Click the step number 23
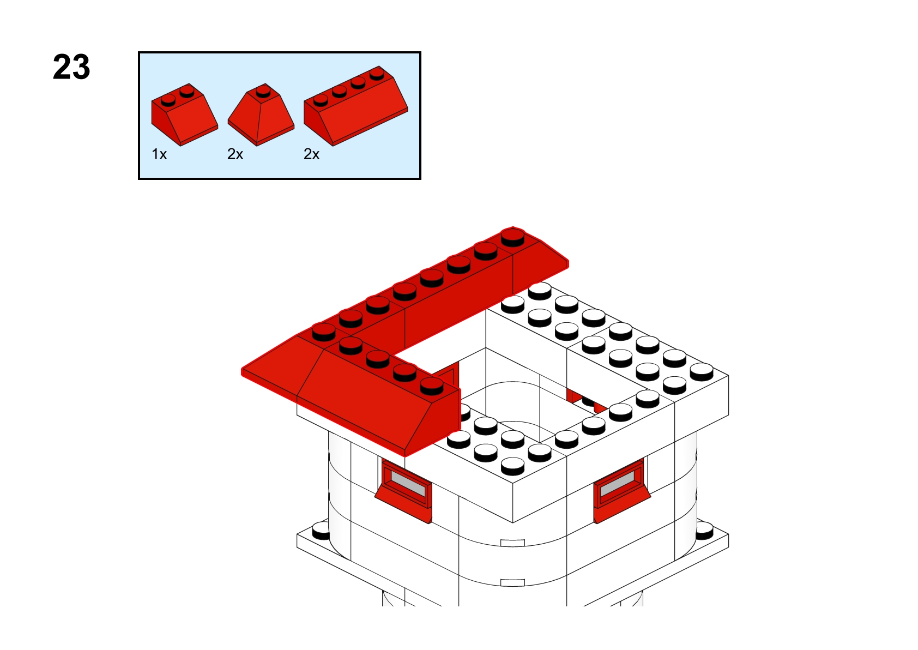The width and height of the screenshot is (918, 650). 71,67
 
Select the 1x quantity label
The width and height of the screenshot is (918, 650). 159,154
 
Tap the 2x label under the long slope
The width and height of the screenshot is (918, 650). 311,154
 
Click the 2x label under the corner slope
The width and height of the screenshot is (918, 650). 235,154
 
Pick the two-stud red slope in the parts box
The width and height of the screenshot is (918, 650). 184,115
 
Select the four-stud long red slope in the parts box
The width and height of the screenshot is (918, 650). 356,106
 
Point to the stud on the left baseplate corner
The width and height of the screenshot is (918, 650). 321,530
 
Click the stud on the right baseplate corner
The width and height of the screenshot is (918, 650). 704,530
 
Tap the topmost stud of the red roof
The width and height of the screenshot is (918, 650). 512,237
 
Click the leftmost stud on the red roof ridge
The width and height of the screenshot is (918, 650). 324,332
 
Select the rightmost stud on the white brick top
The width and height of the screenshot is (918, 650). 702,372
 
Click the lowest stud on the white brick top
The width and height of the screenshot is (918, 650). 512,466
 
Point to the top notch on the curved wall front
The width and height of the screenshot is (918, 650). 512,543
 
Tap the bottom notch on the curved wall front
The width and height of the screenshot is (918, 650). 512,583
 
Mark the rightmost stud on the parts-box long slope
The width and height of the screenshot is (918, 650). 377,74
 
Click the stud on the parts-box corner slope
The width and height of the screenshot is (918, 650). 263,91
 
